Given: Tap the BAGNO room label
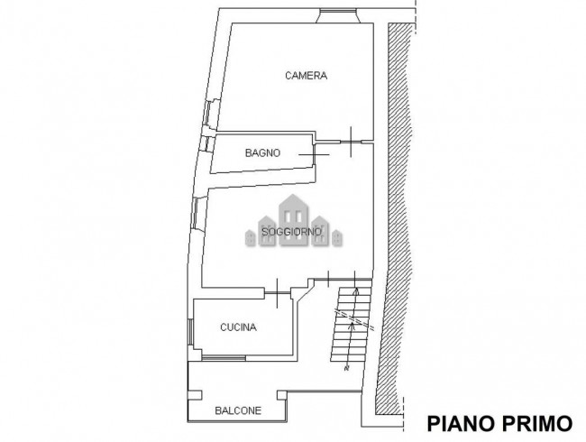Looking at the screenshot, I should tap(263, 153).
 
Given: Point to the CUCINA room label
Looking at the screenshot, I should tap(239, 327).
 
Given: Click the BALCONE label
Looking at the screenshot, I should tap(238, 410).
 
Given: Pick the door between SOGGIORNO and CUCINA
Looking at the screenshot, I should tap(278, 290).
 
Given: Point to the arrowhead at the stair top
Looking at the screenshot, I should tap(357, 290).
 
